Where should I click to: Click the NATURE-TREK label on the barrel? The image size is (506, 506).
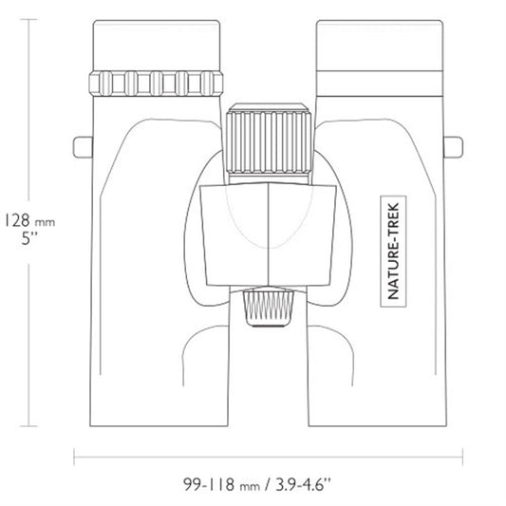pos(393,251)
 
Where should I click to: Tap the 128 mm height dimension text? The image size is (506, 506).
pos(29,221)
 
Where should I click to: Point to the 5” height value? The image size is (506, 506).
pos(29,239)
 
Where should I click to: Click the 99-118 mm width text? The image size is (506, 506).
pos(222,484)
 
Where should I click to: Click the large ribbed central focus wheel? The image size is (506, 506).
pos(269,142)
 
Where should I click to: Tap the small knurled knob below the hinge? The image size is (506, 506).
pos(269,308)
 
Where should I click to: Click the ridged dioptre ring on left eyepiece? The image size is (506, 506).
pos(156,84)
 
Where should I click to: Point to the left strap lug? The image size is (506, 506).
pos(83,147)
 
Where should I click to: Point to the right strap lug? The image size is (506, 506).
pos(453,147)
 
